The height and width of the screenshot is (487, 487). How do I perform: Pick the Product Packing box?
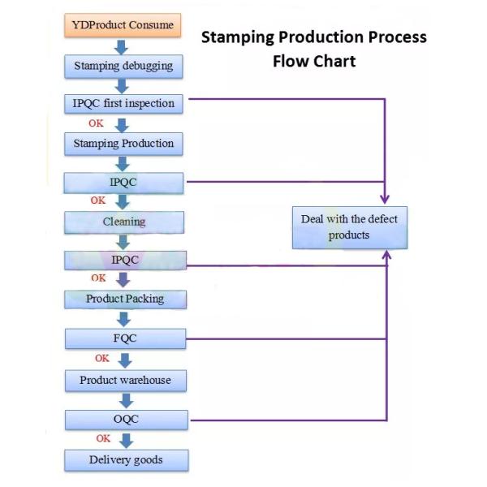pyautogui.click(x=125, y=299)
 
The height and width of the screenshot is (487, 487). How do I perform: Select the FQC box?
pyautogui.click(x=125, y=338)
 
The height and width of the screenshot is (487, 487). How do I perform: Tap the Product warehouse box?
pyautogui.click(x=125, y=380)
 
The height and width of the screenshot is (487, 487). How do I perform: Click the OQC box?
pyautogui.click(x=125, y=420)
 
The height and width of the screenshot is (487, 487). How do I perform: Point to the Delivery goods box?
pyautogui.click(x=126, y=460)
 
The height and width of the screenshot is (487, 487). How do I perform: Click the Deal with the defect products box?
pyautogui.click(x=349, y=227)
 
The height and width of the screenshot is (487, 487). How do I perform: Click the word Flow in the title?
pyautogui.click(x=291, y=62)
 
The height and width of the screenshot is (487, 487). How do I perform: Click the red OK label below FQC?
pyautogui.click(x=102, y=358)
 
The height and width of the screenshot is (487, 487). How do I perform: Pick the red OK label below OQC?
pyautogui.click(x=103, y=438)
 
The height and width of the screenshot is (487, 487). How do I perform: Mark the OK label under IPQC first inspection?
pyautogui.click(x=96, y=123)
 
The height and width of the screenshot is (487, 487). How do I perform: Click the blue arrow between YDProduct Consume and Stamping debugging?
pyautogui.click(x=123, y=45)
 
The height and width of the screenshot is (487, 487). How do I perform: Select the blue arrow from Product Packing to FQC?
pyautogui.click(x=124, y=318)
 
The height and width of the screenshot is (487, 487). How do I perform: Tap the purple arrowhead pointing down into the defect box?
pyautogui.click(x=385, y=197)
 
